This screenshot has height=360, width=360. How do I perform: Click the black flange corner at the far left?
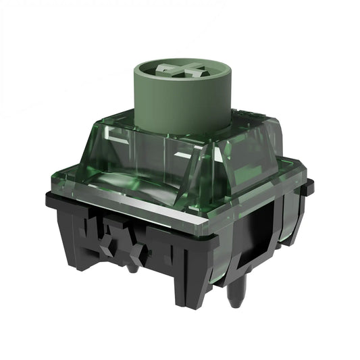tap(51, 198)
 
